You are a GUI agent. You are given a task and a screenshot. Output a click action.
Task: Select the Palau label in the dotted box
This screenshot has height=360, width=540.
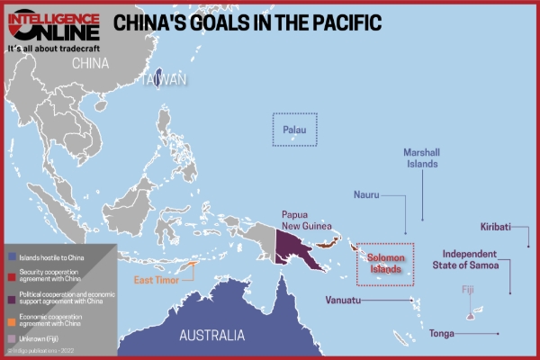(x=295, y=130)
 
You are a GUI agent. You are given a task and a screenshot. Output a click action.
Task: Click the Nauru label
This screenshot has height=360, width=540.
(x=366, y=193)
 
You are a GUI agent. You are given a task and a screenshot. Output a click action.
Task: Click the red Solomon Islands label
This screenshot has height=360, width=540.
(x=385, y=262)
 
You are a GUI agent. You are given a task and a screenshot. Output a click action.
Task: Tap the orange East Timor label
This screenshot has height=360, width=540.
(x=156, y=280)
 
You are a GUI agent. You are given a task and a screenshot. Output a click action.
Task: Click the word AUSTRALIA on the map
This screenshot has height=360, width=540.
(x=211, y=335)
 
